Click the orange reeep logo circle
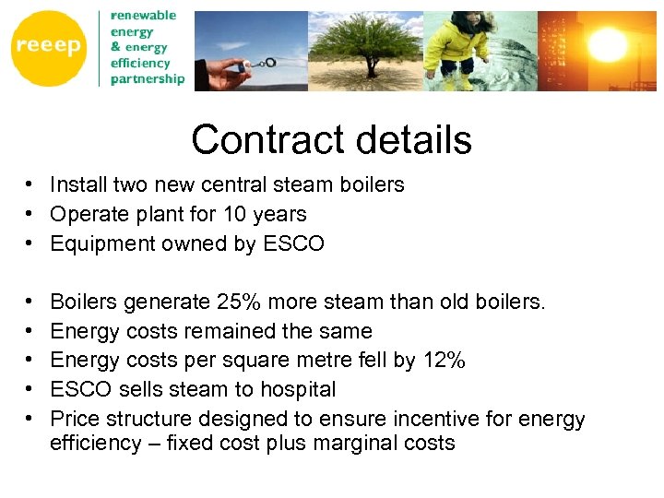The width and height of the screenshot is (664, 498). [48, 49]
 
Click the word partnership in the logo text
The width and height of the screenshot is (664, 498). [148, 79]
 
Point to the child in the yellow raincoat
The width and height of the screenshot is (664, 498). [461, 46]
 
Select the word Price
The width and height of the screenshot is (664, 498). [76, 420]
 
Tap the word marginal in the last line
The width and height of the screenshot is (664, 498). [358, 443]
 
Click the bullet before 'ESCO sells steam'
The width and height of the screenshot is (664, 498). [30, 390]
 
